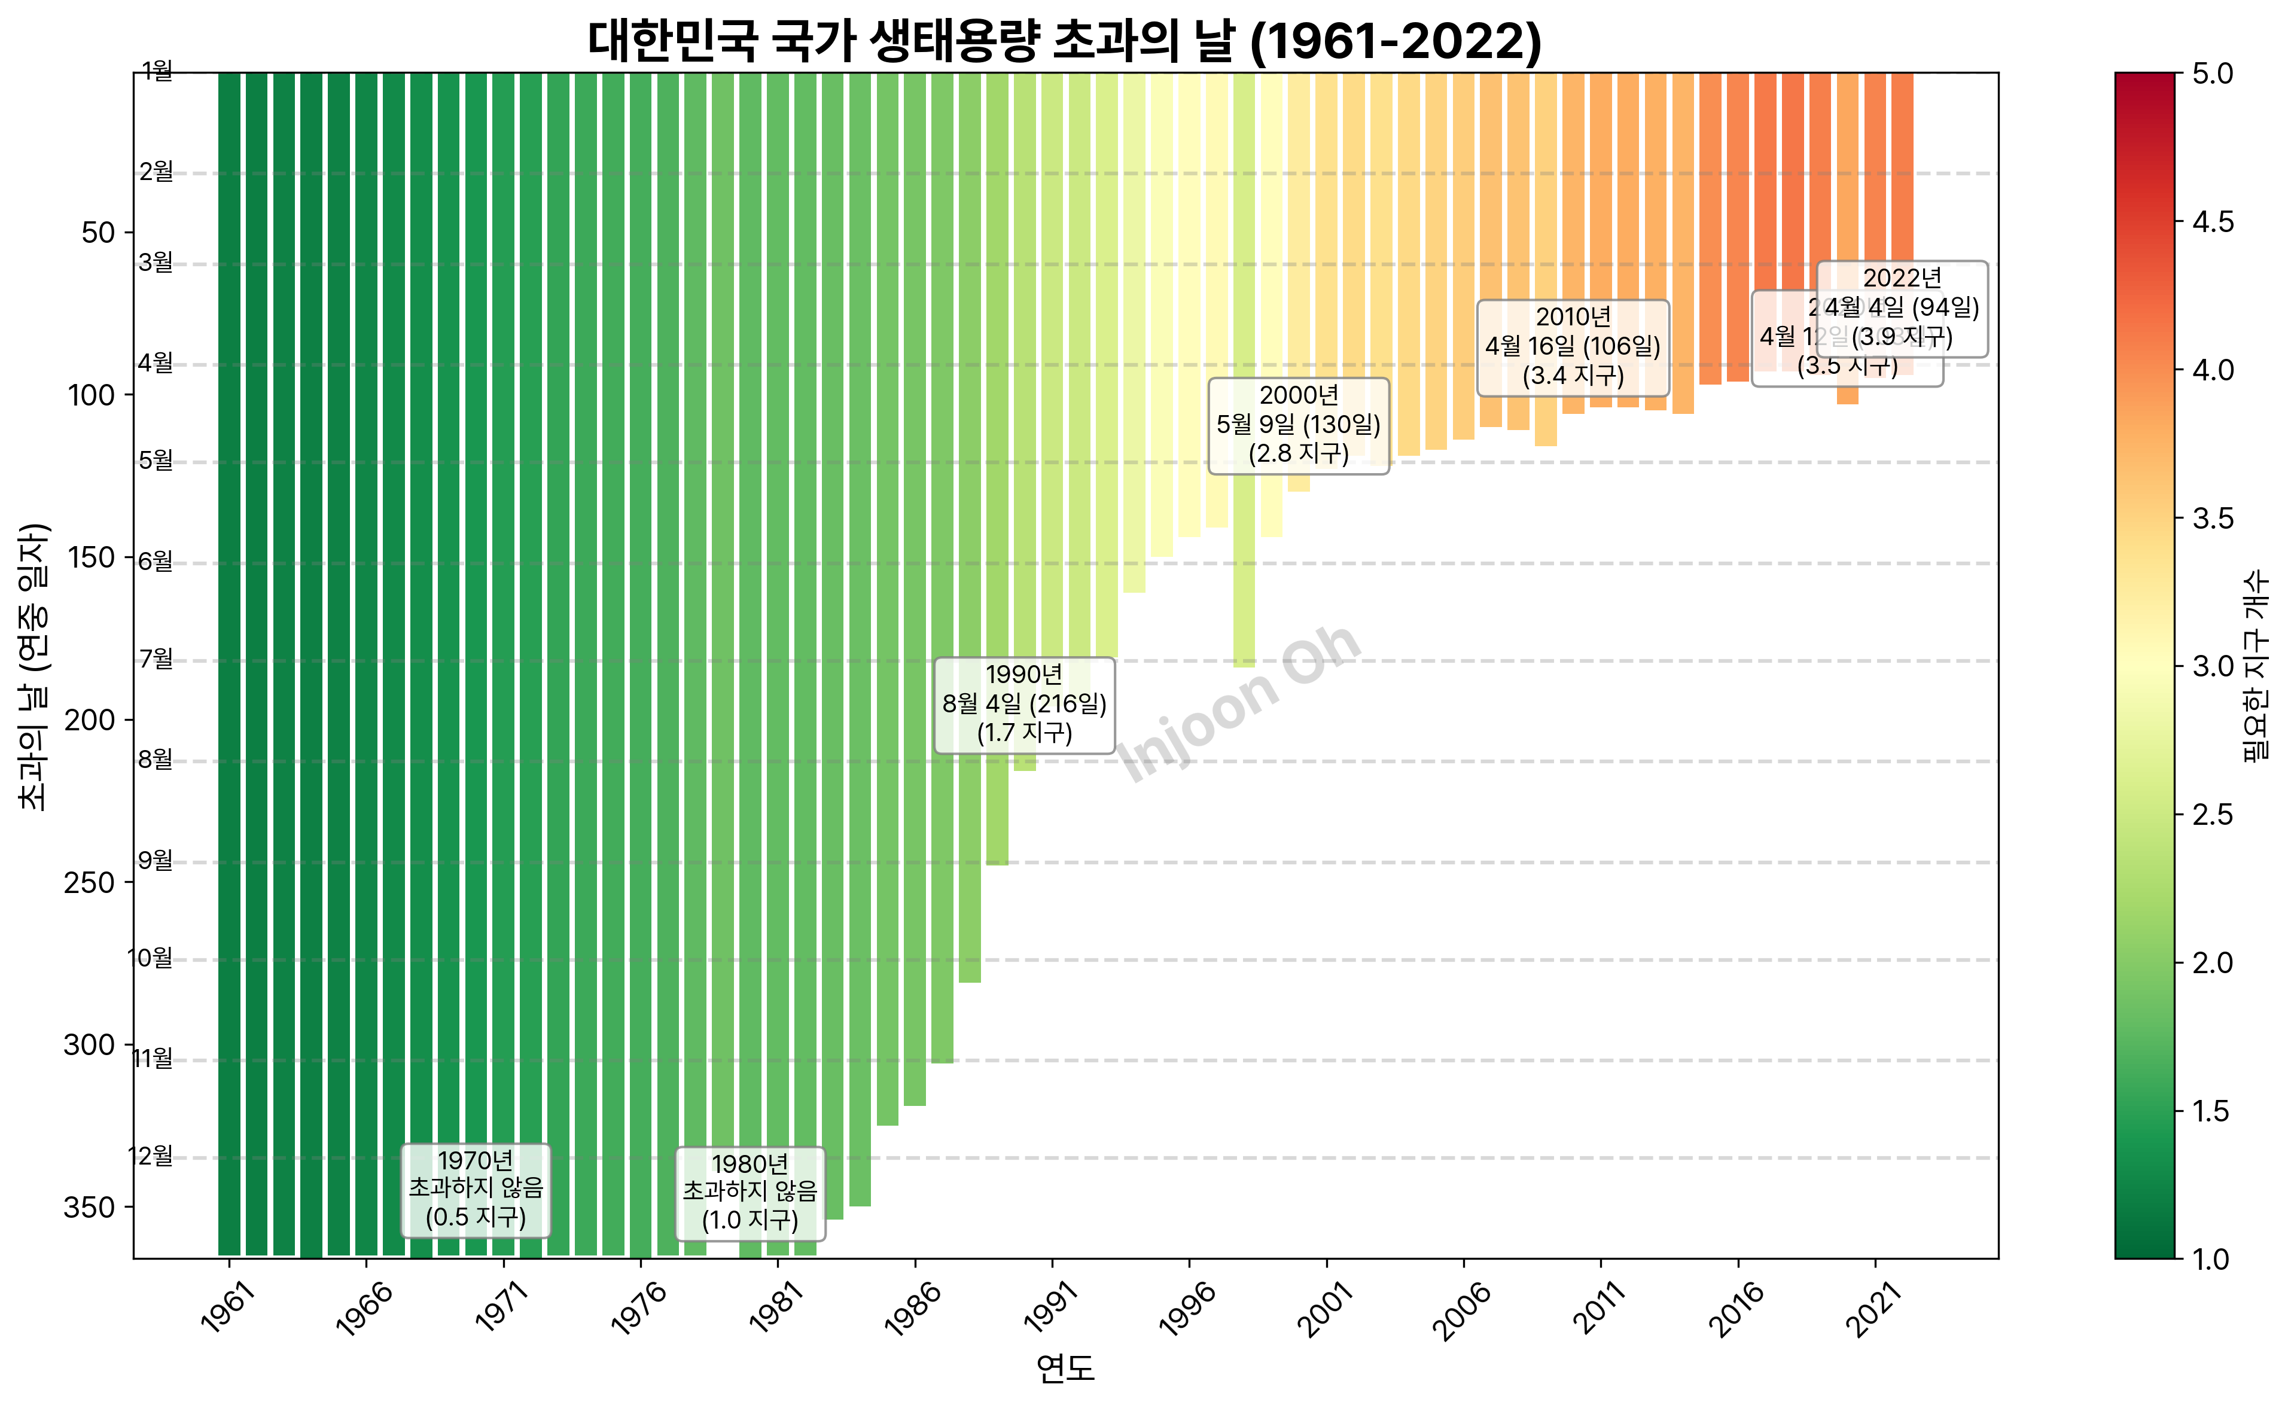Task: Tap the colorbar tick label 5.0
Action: (x=2212, y=74)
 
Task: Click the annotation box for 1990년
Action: (x=1023, y=704)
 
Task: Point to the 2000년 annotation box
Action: (x=1298, y=425)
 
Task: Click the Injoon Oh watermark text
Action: (x=1239, y=704)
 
